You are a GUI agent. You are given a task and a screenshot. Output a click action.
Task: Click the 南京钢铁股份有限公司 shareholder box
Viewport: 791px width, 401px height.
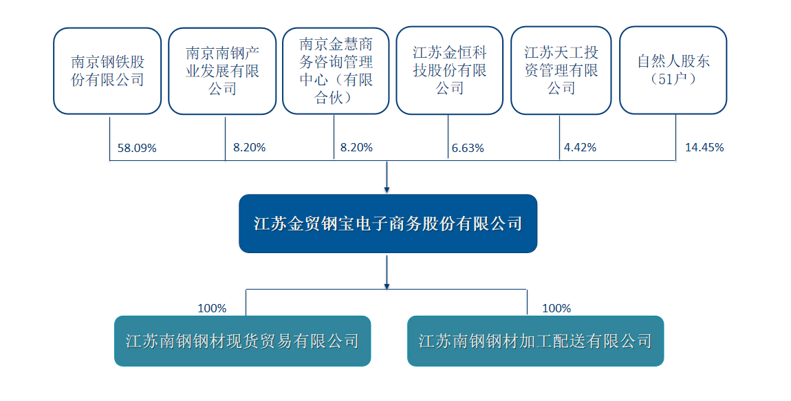point(107,71)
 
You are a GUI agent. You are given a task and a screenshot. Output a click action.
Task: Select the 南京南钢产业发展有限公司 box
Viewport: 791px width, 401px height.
point(222,71)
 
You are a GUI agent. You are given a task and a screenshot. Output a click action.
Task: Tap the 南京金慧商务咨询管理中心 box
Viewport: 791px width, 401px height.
point(336,71)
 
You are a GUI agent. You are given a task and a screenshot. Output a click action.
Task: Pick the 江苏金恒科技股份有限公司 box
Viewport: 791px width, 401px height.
point(449,71)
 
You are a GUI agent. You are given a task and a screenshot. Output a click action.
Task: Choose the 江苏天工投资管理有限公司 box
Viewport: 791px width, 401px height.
point(561,71)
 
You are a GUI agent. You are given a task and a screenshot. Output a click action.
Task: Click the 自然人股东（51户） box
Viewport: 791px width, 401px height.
point(673,71)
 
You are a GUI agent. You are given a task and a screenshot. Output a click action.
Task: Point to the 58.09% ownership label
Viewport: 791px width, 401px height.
point(137,149)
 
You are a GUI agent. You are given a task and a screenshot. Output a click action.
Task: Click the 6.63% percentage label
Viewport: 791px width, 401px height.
point(468,149)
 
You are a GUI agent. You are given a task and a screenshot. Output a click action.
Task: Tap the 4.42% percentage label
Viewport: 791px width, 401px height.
point(580,147)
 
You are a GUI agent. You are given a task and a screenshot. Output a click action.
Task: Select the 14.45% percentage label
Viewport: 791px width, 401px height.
point(704,147)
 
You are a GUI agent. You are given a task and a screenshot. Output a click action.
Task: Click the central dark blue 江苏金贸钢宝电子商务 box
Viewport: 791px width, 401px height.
point(388,224)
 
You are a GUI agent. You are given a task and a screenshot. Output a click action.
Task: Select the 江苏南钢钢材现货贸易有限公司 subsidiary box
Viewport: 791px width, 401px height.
point(243,341)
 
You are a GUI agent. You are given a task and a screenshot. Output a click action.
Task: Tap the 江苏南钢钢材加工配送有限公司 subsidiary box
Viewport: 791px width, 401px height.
point(535,341)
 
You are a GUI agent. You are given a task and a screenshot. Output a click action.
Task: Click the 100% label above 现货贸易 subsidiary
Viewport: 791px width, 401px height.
point(212,308)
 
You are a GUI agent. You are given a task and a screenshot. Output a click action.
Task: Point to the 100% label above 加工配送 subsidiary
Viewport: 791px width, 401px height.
point(556,308)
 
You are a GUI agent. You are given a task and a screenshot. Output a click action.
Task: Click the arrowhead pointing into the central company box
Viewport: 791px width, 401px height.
point(387,190)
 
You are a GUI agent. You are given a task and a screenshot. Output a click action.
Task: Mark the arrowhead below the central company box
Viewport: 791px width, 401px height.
point(387,286)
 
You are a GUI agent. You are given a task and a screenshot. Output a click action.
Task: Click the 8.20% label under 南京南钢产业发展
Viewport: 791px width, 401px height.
point(249,147)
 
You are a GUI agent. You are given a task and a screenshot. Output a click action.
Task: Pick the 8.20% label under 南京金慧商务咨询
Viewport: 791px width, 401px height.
point(357,147)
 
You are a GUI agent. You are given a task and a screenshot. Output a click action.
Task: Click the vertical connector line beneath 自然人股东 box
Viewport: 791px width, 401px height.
point(676,138)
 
